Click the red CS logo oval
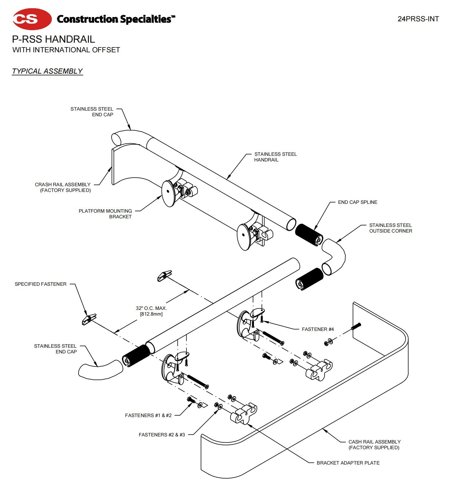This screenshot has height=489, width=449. click(32, 19)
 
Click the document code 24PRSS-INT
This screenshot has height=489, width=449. click(418, 19)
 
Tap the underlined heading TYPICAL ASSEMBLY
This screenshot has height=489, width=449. click(47, 71)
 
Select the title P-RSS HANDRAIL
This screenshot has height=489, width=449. click(53, 39)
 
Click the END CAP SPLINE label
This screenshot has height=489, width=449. click(357, 202)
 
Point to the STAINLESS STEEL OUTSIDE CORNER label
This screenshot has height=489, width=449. click(390, 228)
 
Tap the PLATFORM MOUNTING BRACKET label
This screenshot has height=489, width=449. click(105, 214)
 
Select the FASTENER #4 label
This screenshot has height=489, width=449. click(318, 329)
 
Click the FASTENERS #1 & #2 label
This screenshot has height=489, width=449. click(148, 415)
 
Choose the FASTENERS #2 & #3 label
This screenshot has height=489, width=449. click(162, 435)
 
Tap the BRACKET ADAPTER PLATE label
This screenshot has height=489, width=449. click(348, 463)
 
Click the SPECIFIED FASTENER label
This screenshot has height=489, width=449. click(41, 284)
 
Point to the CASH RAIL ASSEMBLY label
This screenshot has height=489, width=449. click(374, 445)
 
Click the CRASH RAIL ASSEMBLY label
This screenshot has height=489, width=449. click(63, 187)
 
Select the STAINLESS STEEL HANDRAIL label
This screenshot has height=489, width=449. click(275, 157)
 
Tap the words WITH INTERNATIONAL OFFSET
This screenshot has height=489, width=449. click(66, 50)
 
